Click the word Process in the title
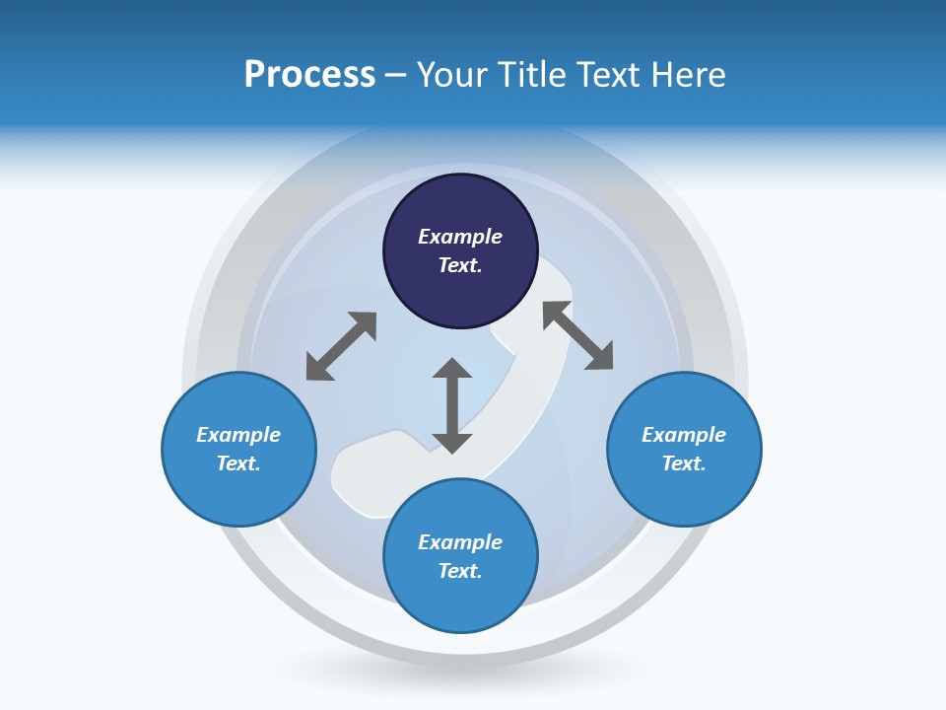click(309, 75)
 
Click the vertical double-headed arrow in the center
click(452, 405)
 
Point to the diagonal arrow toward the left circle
click(341, 346)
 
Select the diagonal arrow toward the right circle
click(578, 335)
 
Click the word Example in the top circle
click(460, 237)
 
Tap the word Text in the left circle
click(238, 463)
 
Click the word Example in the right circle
click(684, 435)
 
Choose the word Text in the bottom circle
click(460, 571)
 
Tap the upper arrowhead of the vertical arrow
click(452, 369)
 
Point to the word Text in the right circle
click(684, 463)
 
